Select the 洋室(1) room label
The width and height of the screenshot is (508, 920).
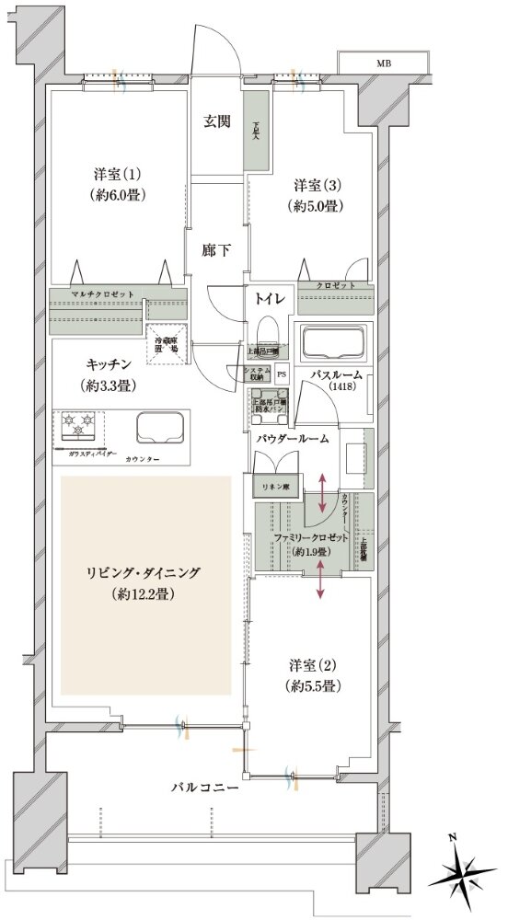115,184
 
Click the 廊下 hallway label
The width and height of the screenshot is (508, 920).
217,249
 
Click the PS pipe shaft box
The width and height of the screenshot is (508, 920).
282,374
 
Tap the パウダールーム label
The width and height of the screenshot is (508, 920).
293,441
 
